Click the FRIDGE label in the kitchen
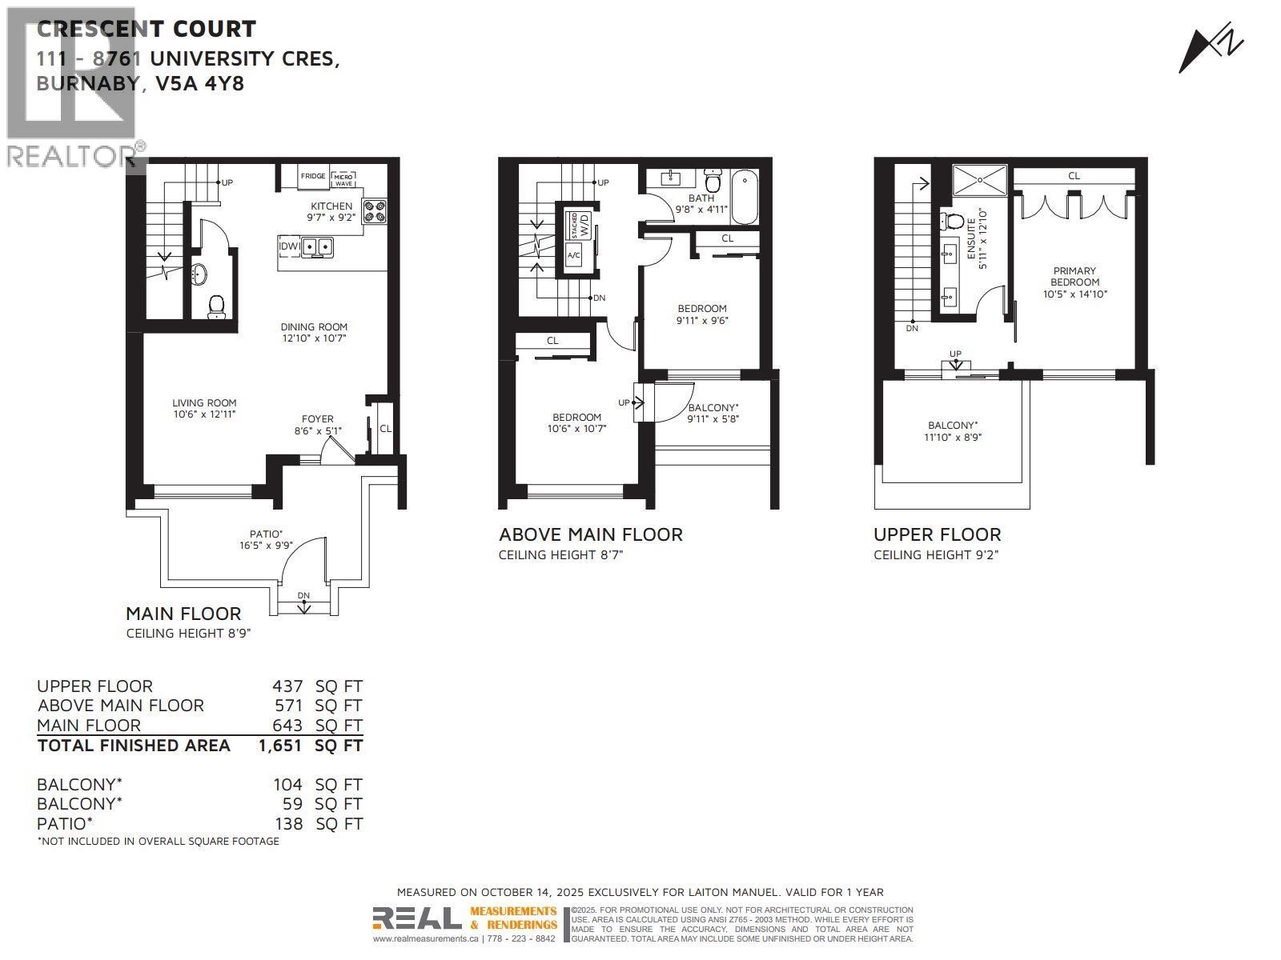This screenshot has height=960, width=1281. click(313, 177)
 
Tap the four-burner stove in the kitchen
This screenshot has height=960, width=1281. click(374, 210)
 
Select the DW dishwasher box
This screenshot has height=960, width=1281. click(288, 246)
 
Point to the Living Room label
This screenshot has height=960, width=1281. click(204, 403)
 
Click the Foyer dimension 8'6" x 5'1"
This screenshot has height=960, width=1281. click(318, 430)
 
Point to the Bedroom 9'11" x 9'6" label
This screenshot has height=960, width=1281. click(702, 309)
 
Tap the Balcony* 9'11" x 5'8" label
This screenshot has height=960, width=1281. click(713, 408)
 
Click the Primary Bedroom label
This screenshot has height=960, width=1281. click(1074, 277)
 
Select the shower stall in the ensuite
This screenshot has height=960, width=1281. click(980, 180)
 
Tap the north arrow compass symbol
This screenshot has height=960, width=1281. click(1211, 50)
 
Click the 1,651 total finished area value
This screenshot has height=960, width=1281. click(279, 746)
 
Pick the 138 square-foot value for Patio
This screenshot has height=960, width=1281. click(287, 824)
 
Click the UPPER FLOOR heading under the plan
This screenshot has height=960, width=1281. click(937, 534)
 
